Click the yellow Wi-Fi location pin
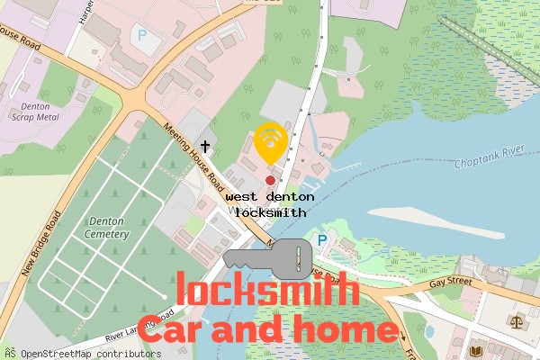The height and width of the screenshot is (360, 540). pyautogui.click(x=270, y=142)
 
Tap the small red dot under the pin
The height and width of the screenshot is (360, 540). pyautogui.click(x=270, y=180)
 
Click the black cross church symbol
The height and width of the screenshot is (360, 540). pyautogui.click(x=205, y=146)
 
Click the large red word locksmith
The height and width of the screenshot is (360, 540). pyautogui.click(x=268, y=291)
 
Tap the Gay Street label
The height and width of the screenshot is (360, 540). pyautogui.click(x=450, y=282)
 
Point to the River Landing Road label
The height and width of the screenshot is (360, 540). pyautogui.click(x=139, y=326)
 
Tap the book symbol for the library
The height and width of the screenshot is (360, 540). pyautogui.click(x=477, y=349)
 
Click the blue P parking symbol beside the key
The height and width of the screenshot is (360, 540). pyautogui.click(x=322, y=240)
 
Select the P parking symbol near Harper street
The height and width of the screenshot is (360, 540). pyautogui.click(x=142, y=35)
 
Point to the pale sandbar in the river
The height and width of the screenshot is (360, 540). pyautogui.click(x=450, y=220)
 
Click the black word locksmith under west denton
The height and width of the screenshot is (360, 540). pyautogui.click(x=270, y=213)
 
